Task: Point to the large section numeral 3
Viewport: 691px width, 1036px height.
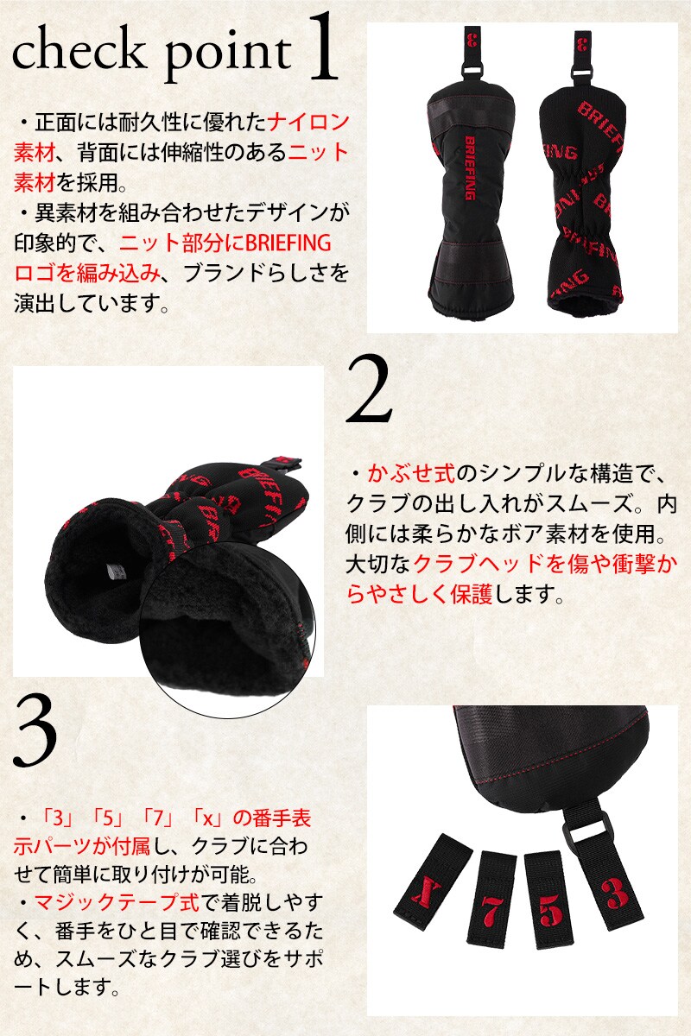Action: [35, 732]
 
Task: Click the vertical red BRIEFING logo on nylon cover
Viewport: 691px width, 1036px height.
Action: [470, 167]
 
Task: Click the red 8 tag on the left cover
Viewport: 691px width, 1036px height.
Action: [472, 41]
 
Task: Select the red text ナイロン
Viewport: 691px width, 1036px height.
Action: [307, 123]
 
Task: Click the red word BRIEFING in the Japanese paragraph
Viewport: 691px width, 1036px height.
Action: [288, 243]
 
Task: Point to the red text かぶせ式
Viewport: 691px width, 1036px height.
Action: [411, 474]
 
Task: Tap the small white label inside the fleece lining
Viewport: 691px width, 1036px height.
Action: [113, 572]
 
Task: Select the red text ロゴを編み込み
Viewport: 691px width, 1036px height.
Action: [87, 274]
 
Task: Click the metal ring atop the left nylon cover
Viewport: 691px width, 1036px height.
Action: [472, 72]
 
